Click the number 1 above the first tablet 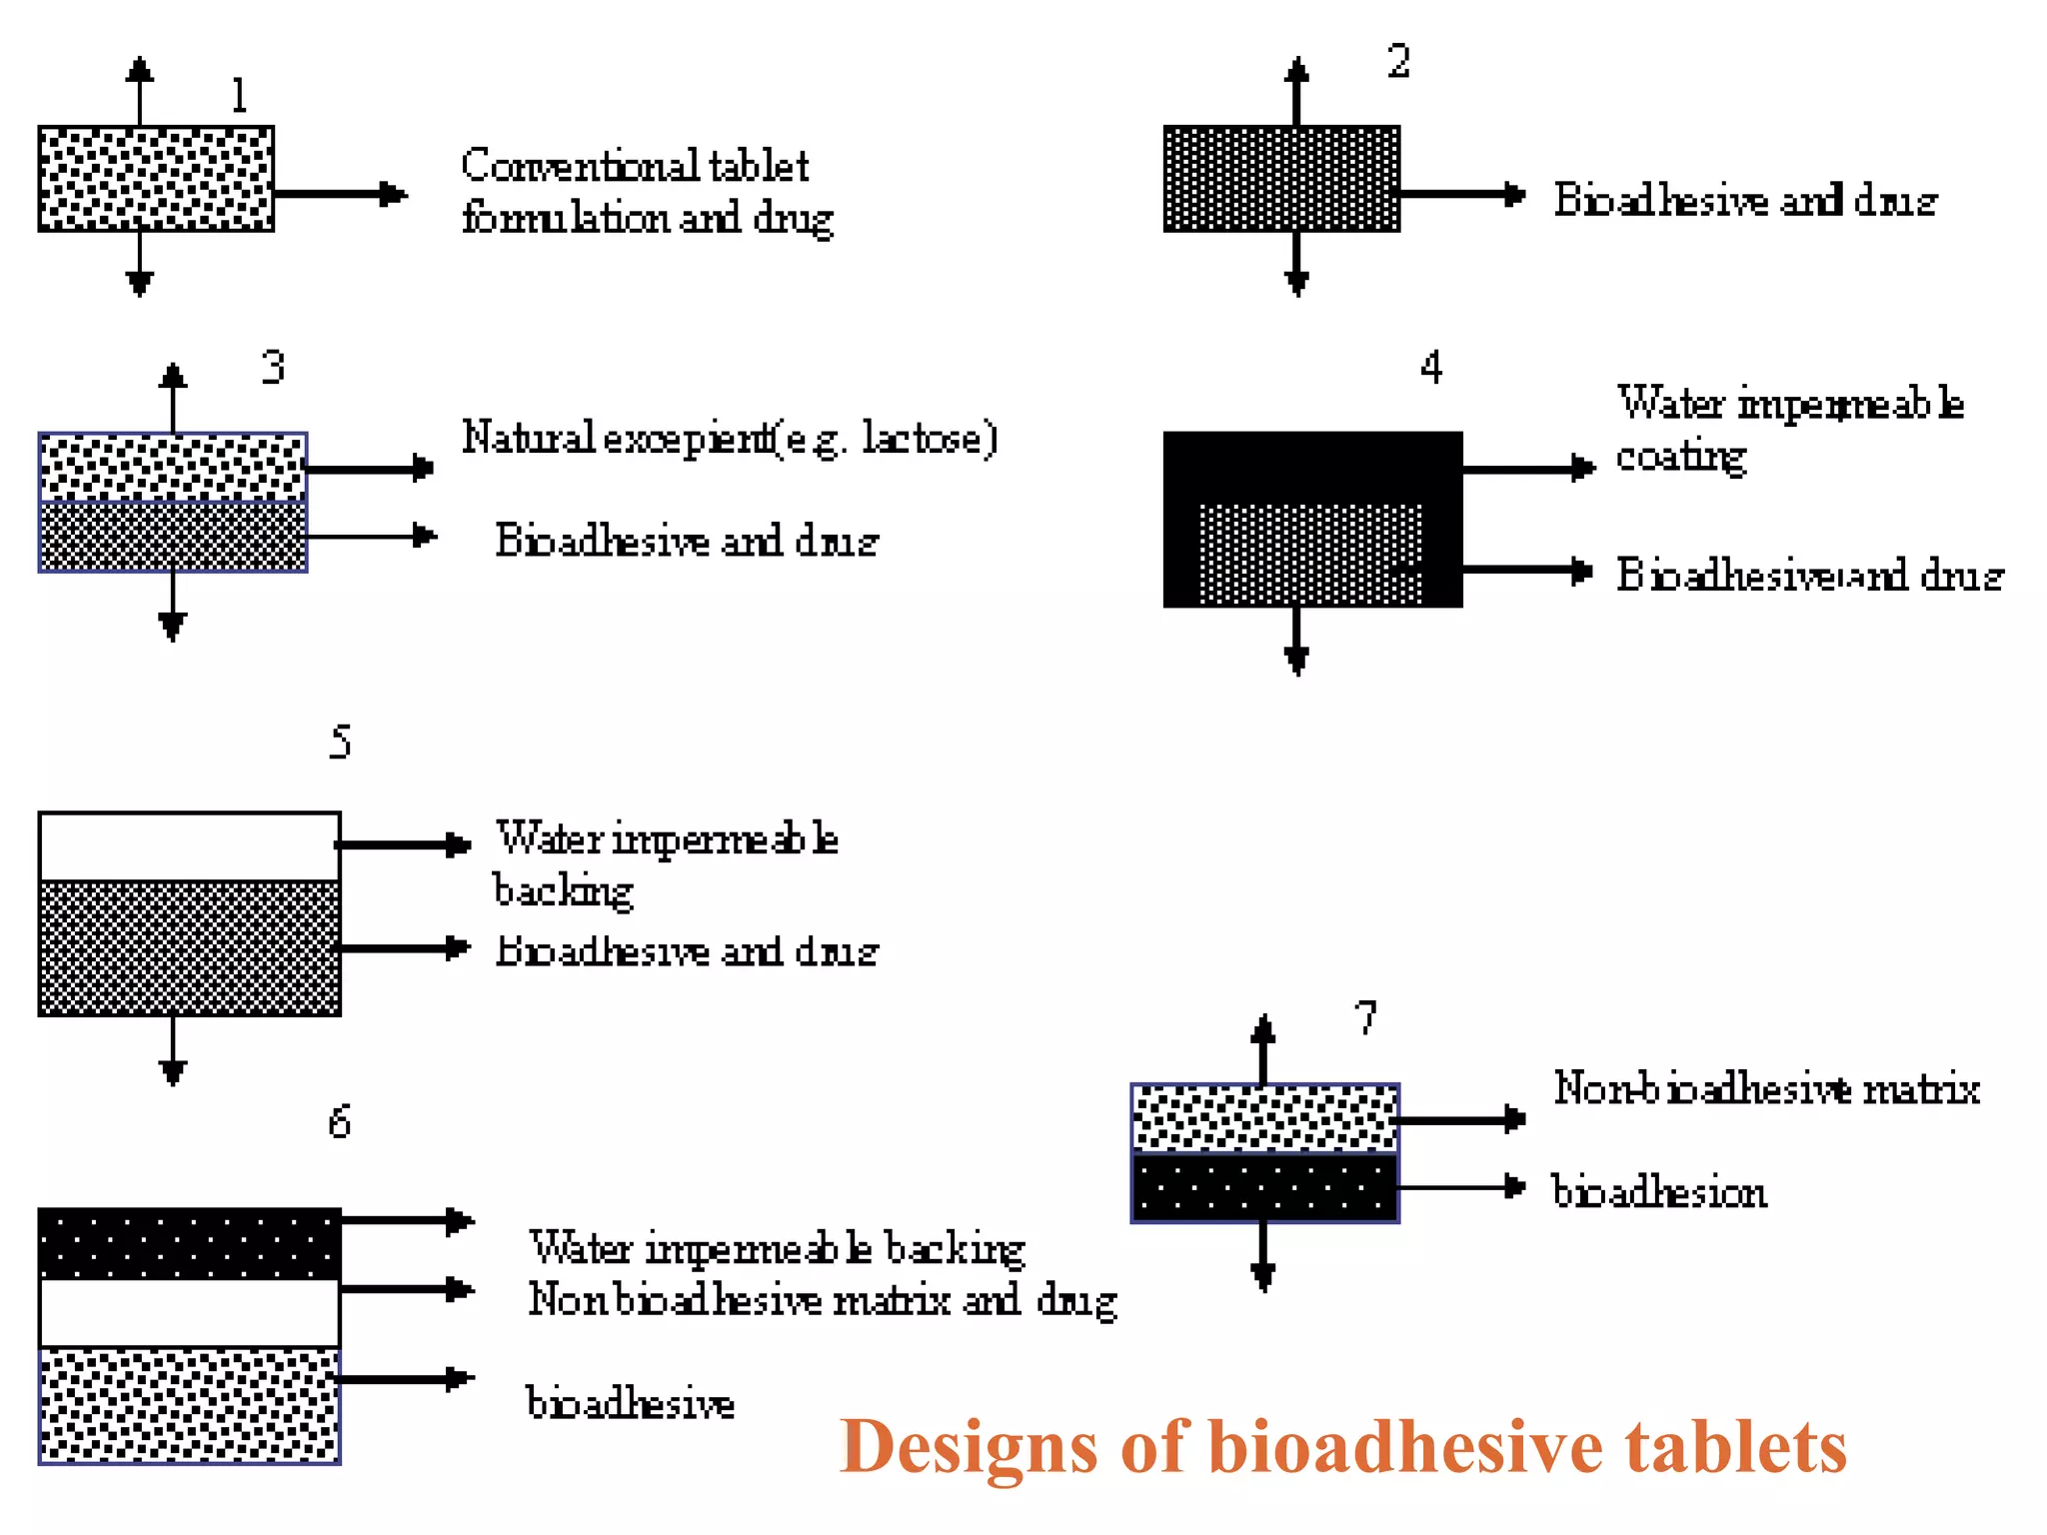(238, 96)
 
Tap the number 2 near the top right (1398, 61)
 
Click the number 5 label (340, 742)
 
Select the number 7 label (1365, 1017)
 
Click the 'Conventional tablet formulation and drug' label (646, 192)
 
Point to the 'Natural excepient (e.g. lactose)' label (729, 439)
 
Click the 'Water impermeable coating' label (1789, 429)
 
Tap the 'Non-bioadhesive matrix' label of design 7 (1766, 1088)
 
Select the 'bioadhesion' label (1659, 1191)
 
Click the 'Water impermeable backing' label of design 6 (777, 1248)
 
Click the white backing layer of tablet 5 (189, 846)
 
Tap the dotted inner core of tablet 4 (1310, 554)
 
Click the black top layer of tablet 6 (189, 1243)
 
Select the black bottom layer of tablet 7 (1264, 1187)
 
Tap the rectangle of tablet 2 (1281, 179)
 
